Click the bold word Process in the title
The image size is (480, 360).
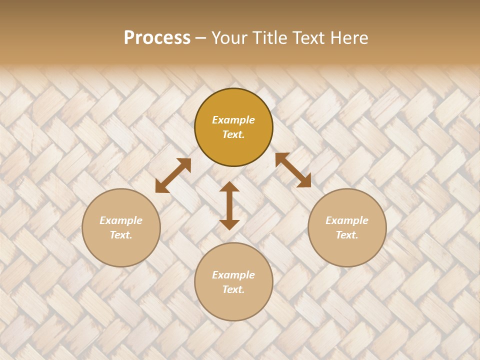point(157,38)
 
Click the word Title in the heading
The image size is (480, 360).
point(268,38)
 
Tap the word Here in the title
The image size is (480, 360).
point(349,38)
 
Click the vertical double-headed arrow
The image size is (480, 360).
point(229,205)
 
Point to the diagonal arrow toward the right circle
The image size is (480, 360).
point(293,170)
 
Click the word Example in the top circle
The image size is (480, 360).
point(233,120)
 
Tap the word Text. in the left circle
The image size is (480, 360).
point(121,235)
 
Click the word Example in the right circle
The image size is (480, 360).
point(347,220)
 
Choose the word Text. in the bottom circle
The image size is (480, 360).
point(233,289)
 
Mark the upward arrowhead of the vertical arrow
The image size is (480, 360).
point(229,187)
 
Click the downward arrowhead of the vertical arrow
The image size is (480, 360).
point(229,224)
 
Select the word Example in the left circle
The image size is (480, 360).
point(121,220)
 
